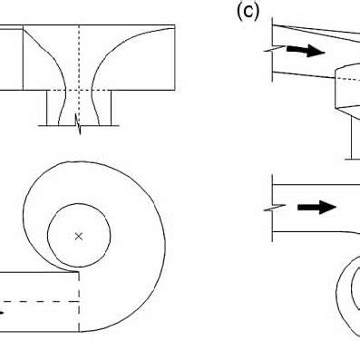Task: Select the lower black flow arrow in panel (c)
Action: [315, 208]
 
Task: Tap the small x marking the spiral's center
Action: [79, 236]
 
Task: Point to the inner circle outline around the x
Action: [110, 236]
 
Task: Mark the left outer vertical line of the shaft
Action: [47, 109]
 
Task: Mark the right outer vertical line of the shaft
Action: [112, 109]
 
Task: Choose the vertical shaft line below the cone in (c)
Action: [352, 136]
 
